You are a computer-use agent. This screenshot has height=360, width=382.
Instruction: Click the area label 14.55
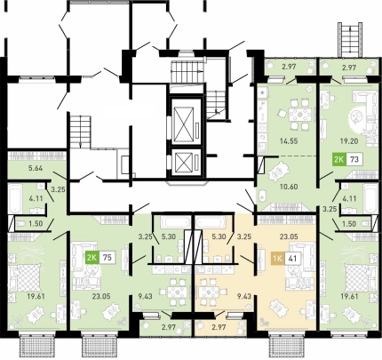[289, 141]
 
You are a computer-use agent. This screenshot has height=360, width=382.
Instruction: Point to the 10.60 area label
[289, 187]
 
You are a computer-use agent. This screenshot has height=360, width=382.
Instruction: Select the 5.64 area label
[36, 168]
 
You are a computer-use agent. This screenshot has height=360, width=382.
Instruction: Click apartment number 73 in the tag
[354, 159]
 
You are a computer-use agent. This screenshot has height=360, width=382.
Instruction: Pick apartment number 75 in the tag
[107, 257]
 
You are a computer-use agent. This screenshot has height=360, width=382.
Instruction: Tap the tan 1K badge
[278, 259]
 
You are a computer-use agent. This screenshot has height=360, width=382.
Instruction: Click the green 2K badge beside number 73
[338, 159]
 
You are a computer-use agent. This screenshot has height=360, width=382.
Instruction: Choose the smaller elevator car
[186, 163]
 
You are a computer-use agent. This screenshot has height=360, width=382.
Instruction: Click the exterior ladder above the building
[351, 39]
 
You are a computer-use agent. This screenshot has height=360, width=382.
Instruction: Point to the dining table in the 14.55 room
[298, 115]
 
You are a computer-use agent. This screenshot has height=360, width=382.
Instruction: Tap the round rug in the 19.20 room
[357, 116]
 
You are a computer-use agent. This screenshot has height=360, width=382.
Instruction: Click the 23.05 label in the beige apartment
[289, 236]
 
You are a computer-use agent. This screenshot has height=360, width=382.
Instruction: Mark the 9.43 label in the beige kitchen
[244, 296]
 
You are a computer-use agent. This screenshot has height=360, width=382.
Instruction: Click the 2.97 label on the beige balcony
[219, 327]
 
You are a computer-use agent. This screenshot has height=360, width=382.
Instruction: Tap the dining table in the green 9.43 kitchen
[177, 292]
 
